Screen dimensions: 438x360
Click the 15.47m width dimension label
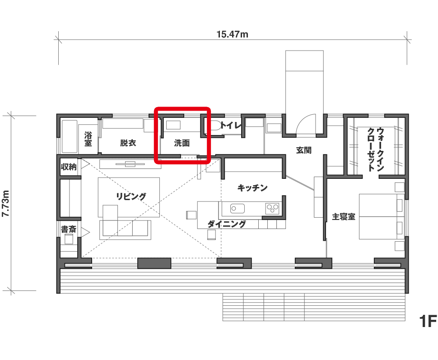pyautogui.click(x=233, y=34)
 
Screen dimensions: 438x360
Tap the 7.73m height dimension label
pyautogui.click(x=6, y=203)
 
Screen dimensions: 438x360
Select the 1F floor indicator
pyautogui.click(x=427, y=321)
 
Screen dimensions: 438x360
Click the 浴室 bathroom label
pyautogui.click(x=88, y=140)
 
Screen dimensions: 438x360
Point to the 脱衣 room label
pyautogui.click(x=128, y=143)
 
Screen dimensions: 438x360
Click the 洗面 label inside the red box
pyautogui.click(x=182, y=143)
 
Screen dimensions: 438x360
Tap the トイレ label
pyautogui.click(x=231, y=126)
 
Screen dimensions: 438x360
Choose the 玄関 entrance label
pyautogui.click(x=303, y=150)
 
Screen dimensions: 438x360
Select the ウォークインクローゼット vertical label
pyautogui.click(x=375, y=149)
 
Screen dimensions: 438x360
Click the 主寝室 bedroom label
pyautogui.click(x=343, y=217)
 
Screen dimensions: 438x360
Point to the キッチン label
pyautogui.click(x=252, y=188)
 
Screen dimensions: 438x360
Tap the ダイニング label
pyautogui.click(x=227, y=224)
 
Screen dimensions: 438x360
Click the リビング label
pyautogui.click(x=131, y=196)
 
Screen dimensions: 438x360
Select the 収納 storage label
pyautogui.click(x=69, y=167)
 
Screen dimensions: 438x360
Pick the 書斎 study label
pyautogui.click(x=69, y=229)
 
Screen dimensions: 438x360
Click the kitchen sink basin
pyautogui.click(x=238, y=209)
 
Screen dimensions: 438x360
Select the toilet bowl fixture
pyautogui.click(x=214, y=126)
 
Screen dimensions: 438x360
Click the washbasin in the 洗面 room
pyautogui.click(x=173, y=125)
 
